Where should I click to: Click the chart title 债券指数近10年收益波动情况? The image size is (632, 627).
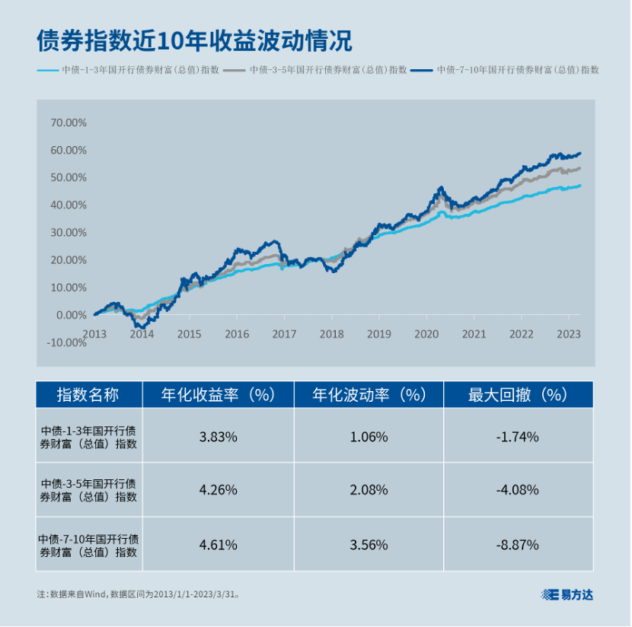click(x=194, y=40)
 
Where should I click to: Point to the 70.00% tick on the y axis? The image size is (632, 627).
click(x=69, y=123)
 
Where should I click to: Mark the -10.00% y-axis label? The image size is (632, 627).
click(x=67, y=342)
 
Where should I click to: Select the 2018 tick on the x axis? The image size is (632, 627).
click(x=331, y=333)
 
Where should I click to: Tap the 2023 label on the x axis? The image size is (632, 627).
click(x=569, y=333)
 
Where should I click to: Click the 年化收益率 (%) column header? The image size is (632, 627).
click(x=218, y=394)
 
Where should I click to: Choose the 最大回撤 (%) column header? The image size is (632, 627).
click(x=518, y=394)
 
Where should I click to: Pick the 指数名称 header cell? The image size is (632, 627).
click(x=88, y=394)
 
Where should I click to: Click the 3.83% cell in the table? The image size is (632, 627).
click(x=218, y=437)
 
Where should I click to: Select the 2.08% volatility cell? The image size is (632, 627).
click(x=369, y=490)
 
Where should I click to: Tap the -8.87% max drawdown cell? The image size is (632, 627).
click(x=518, y=545)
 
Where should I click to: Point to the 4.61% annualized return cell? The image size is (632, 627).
click(x=218, y=545)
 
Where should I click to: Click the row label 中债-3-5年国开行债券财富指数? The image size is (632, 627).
click(x=88, y=490)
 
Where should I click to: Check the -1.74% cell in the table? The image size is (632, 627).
click(x=518, y=437)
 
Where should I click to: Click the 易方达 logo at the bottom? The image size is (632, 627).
click(x=567, y=594)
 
